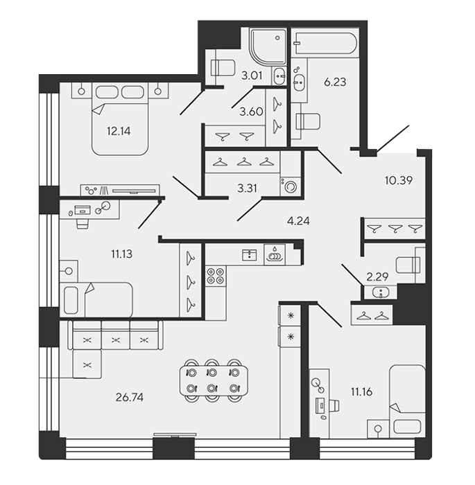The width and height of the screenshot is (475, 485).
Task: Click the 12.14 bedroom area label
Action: point(119,132)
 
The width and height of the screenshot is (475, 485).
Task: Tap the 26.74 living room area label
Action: point(130,397)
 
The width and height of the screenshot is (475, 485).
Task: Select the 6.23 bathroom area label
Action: point(335,82)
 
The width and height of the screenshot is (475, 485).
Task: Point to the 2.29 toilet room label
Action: point(377,277)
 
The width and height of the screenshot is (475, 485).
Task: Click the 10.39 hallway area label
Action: point(399,180)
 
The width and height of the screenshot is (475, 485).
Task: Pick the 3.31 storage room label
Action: point(247,188)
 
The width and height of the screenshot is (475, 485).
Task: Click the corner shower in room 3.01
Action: point(268,46)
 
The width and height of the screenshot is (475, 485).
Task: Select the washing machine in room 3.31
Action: point(290,186)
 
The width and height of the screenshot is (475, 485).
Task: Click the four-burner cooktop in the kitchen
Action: point(216,276)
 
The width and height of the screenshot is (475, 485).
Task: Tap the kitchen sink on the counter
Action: point(249,255)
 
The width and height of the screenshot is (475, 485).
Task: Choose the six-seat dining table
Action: point(214,380)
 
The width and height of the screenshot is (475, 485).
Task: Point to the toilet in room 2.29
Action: point(408,265)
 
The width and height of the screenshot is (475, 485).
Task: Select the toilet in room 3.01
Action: point(223,67)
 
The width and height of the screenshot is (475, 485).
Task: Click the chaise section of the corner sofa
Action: point(87,364)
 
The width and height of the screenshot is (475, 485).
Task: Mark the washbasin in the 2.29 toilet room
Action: point(381,292)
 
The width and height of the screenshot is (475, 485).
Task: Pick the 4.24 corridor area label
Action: point(298,221)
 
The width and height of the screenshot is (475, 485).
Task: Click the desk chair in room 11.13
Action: point(83,224)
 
